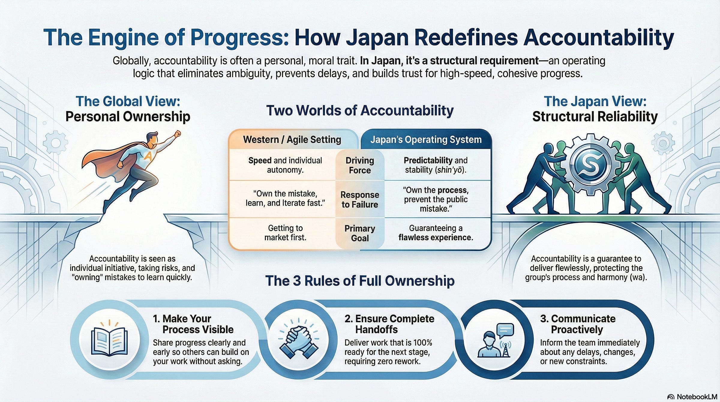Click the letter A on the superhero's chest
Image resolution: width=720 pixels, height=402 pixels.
tap(148, 156)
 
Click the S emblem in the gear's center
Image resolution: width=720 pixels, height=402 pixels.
tap(590, 164)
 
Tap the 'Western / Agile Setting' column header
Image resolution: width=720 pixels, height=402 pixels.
tap(292, 139)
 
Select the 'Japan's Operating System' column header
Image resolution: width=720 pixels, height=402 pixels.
tap(426, 139)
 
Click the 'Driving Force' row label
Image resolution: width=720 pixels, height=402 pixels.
tap(360, 165)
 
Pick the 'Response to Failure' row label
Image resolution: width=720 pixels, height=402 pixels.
tap(360, 199)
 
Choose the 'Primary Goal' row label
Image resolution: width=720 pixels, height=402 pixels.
tap(360, 233)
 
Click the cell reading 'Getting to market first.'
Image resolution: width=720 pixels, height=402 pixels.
tap(285, 233)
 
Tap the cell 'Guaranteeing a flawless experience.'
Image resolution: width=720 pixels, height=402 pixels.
tap(436, 233)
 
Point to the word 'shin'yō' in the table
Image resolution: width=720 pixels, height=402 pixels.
tap(449, 170)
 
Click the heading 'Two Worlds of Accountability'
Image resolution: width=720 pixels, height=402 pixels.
tap(360, 110)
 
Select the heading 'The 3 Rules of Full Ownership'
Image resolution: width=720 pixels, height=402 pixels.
tap(360, 281)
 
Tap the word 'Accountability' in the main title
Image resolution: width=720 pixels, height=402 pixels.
tap(598, 38)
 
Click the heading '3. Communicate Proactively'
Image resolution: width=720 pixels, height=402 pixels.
tap(577, 324)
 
